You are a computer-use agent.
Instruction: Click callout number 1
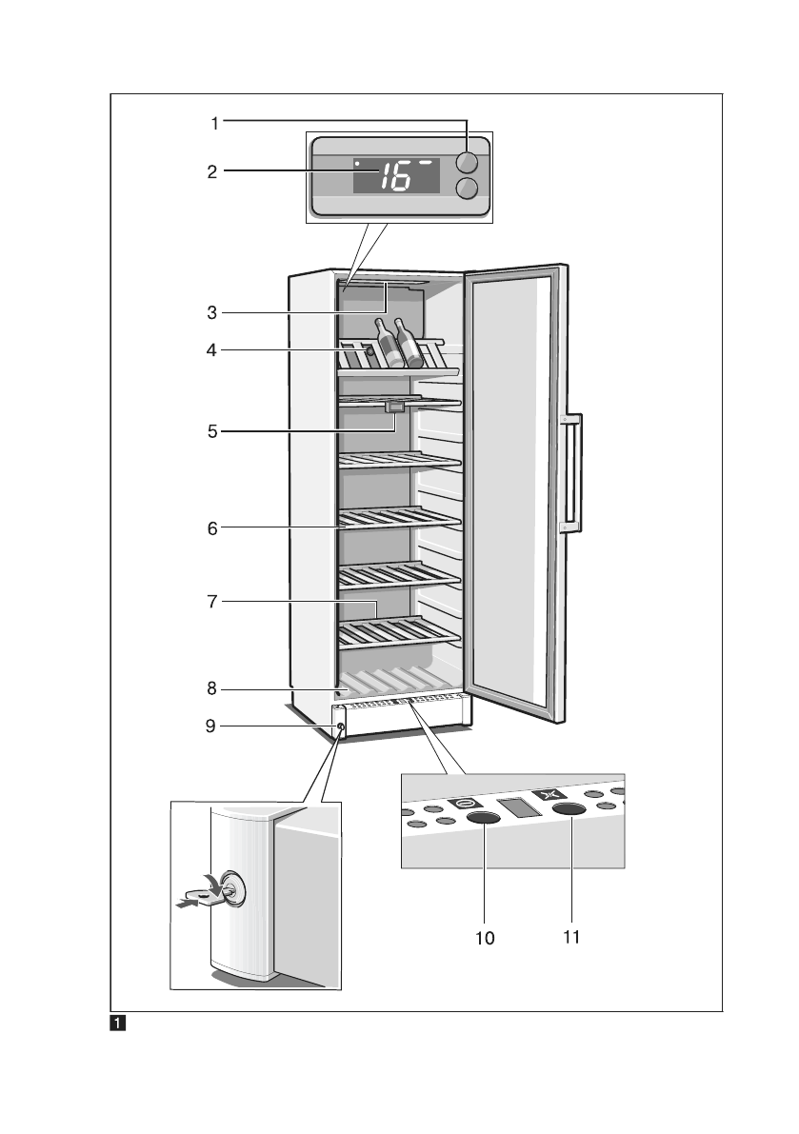tap(215, 122)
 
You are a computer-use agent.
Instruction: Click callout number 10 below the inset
tap(486, 938)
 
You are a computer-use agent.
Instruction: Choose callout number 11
tap(571, 936)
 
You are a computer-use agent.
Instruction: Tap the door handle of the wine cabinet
tap(572, 472)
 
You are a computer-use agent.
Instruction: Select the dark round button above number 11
tap(569, 810)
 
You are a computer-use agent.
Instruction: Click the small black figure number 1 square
tap(115, 1025)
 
